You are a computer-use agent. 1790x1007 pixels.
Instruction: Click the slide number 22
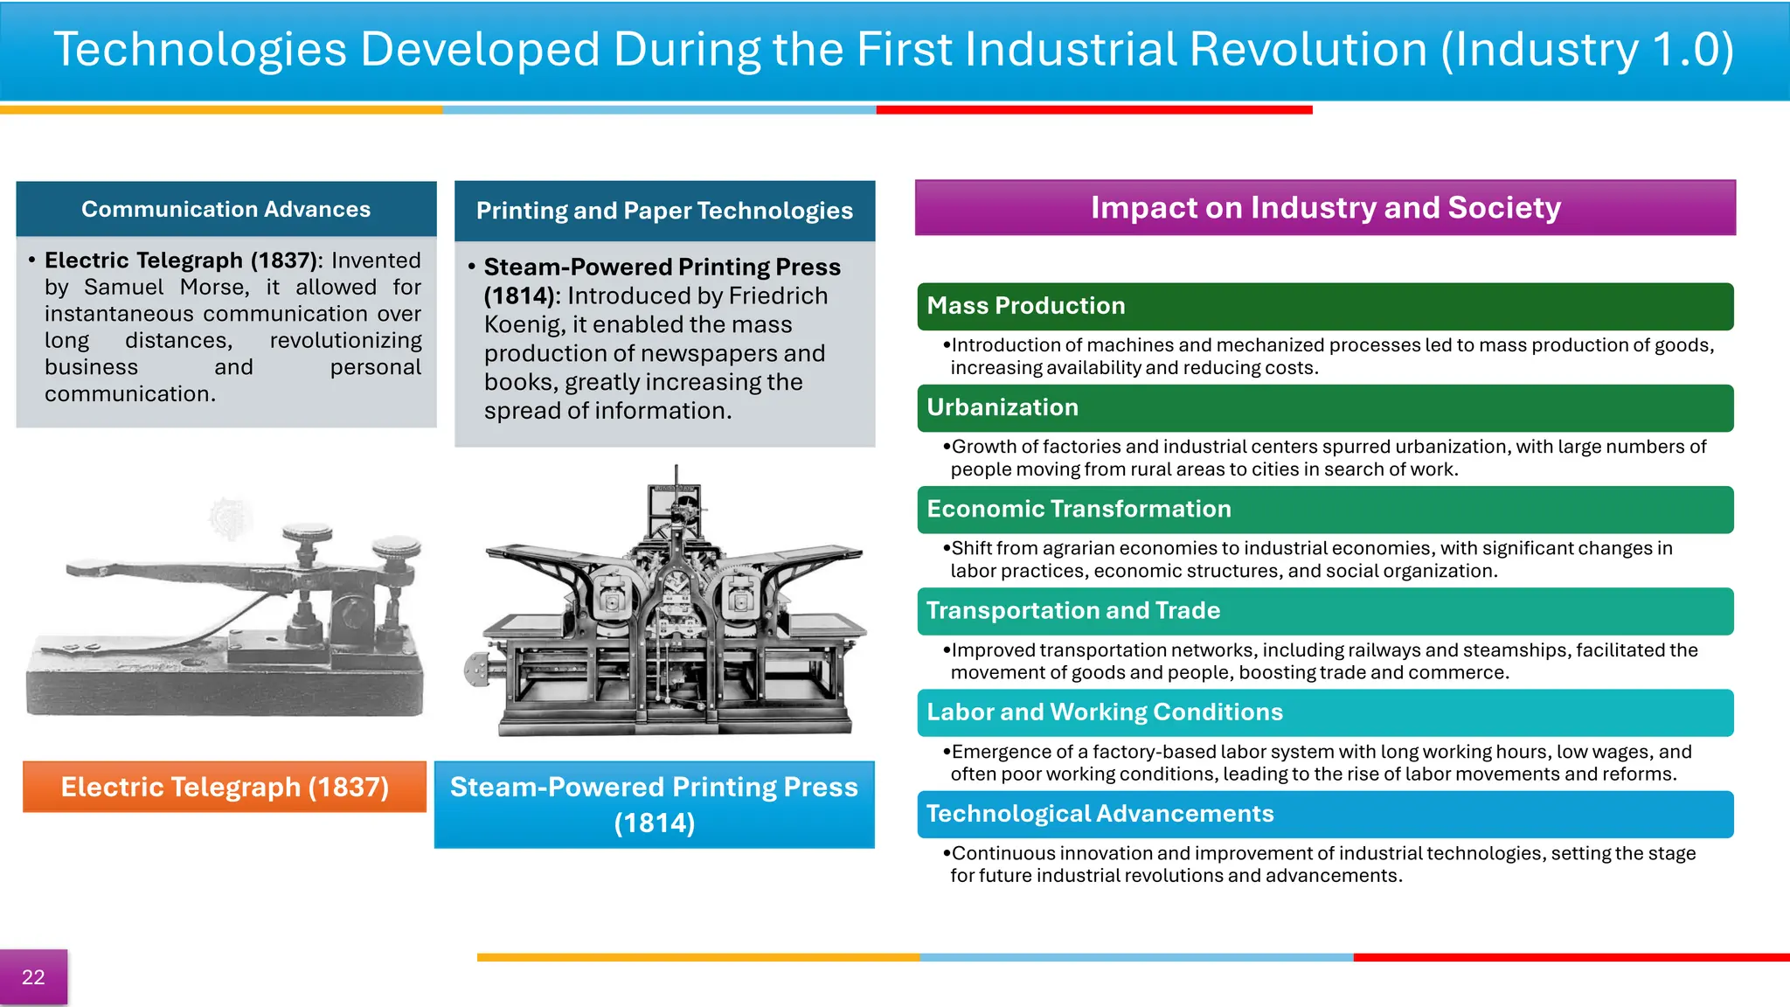[x=33, y=977]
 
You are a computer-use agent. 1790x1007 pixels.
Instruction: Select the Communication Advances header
[x=225, y=210]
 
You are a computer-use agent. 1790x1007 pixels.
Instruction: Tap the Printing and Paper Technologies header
[x=664, y=211]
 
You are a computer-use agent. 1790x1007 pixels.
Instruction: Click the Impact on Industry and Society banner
[x=1325, y=208]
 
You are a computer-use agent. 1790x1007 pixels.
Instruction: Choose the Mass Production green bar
[x=1325, y=306]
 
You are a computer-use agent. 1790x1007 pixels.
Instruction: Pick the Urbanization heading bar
[x=1325, y=407]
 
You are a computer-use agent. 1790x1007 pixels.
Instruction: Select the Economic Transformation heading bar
[x=1325, y=509]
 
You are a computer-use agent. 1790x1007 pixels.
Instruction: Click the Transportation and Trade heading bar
[x=1325, y=611]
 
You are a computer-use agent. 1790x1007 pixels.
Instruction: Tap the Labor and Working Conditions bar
[x=1325, y=712]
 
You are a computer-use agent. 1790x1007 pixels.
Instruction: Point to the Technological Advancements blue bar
[x=1325, y=814]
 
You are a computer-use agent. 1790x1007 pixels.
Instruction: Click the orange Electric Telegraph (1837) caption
[x=225, y=787]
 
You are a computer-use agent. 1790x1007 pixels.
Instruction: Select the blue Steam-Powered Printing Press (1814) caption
[x=654, y=804]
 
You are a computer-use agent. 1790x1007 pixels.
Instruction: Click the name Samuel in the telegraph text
[x=123, y=288]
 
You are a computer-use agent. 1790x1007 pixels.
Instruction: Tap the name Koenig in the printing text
[x=524, y=325]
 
